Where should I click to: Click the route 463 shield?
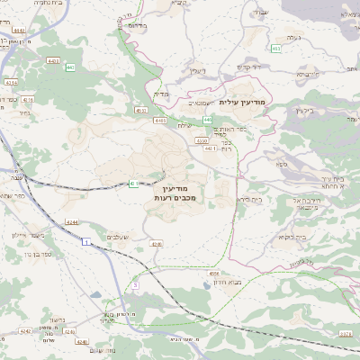(275, 48)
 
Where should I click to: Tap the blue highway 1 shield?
(85, 242)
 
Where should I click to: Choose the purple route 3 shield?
(135, 284)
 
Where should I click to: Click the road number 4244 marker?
(71, 221)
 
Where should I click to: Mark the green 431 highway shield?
(133, 184)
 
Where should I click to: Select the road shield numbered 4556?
(213, 273)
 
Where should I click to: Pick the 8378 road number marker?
(346, 333)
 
